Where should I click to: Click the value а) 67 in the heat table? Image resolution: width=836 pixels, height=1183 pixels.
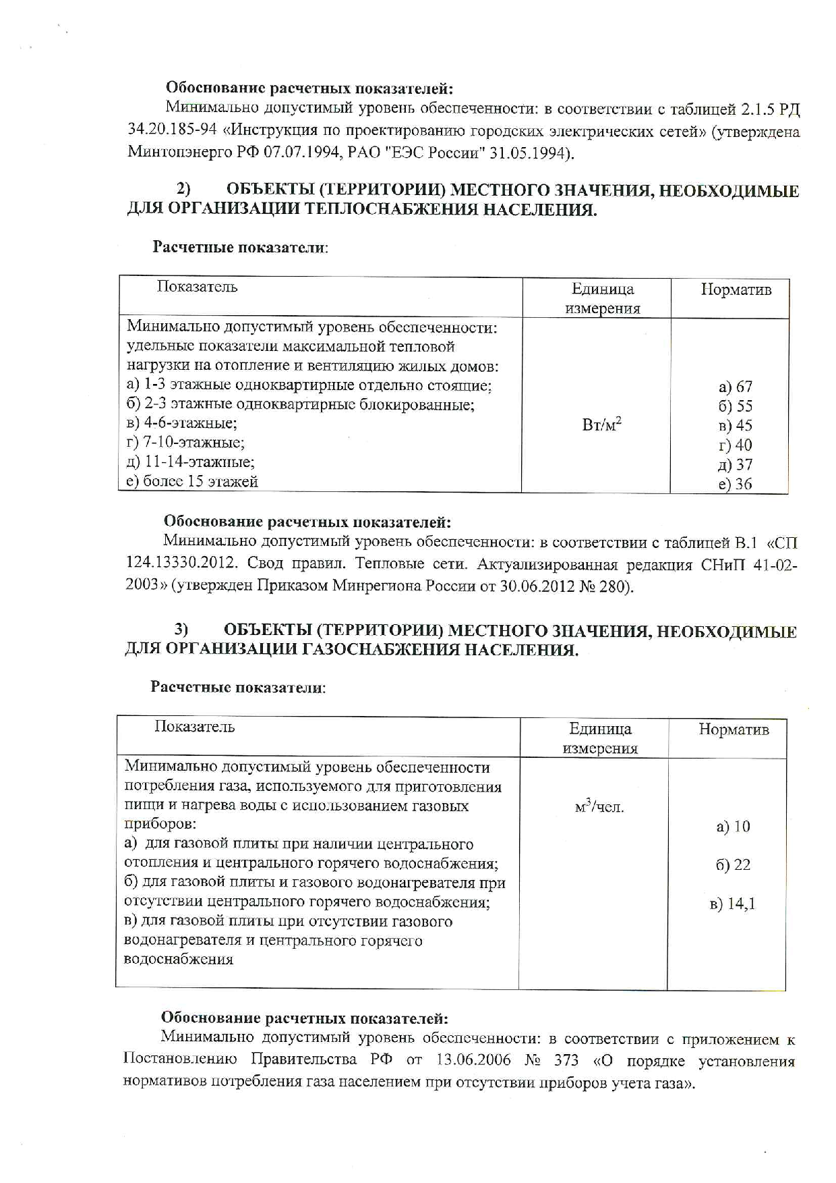tap(735, 387)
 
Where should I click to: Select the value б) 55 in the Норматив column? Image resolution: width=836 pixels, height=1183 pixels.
tap(735, 406)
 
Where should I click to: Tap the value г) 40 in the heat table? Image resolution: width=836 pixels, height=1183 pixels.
tap(735, 445)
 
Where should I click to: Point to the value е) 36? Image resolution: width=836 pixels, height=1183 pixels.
tap(735, 484)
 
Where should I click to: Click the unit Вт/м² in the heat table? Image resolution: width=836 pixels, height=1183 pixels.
tap(601, 425)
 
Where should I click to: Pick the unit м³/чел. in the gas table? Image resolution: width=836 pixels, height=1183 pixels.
tap(599, 806)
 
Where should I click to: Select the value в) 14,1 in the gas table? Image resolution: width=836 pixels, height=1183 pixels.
tap(732, 904)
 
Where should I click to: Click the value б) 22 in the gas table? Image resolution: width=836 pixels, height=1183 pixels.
tap(733, 865)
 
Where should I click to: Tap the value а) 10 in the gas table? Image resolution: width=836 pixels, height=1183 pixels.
tap(733, 827)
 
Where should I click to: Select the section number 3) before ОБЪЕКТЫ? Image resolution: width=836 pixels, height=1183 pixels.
tap(181, 630)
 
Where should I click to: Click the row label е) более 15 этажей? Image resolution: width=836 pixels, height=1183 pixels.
tap(192, 482)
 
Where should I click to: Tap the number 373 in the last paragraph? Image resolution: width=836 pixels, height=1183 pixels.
tap(566, 1061)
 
